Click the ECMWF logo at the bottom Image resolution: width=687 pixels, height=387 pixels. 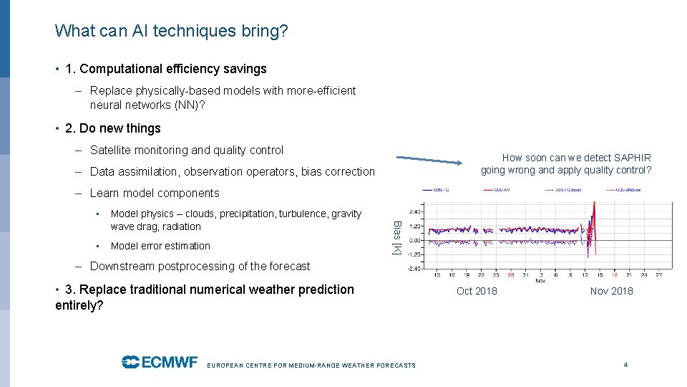coord(159,362)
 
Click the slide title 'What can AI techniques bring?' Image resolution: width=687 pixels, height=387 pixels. coord(172,31)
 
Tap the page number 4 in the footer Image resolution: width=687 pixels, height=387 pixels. coord(625,365)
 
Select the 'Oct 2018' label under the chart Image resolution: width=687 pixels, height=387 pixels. coord(477,291)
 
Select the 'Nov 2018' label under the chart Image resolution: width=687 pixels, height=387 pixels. coord(611,291)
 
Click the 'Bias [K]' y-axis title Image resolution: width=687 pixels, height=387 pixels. coord(396,237)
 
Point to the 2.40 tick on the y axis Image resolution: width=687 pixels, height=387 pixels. coord(415,212)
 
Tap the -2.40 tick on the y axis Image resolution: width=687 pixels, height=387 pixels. coord(414,269)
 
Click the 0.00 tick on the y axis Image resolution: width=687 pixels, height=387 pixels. coord(415,240)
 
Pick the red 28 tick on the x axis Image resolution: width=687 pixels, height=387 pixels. coord(510,274)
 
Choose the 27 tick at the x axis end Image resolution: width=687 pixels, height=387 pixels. coord(658,274)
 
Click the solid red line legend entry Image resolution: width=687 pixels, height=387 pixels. coord(500,190)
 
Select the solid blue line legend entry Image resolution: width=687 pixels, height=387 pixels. coord(437,190)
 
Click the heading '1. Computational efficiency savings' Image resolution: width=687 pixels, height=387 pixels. coord(165,69)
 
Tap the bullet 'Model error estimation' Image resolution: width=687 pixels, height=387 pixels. coord(160,246)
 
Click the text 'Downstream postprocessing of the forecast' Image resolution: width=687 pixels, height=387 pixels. coord(200,266)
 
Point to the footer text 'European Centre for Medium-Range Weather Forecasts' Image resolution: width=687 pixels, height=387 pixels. coord(311,365)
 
